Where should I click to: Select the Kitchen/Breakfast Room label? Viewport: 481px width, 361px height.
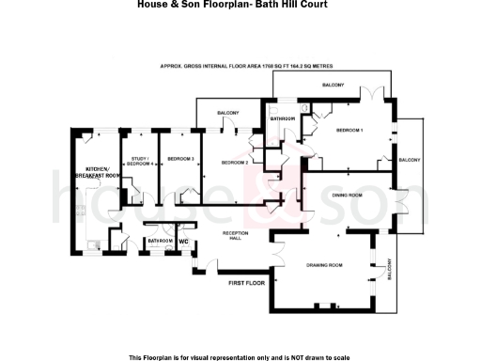coord(98,173)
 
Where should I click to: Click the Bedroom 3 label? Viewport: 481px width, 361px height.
coord(180,159)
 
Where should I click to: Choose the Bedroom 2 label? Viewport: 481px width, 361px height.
coord(234,163)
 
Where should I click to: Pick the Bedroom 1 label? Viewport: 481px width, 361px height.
coord(349,129)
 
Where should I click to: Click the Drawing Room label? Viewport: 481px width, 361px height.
coord(324,266)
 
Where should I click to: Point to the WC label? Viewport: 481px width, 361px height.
coord(184,241)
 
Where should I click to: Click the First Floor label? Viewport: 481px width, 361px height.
coord(247,282)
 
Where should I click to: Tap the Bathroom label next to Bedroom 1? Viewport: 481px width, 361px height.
coord(283,119)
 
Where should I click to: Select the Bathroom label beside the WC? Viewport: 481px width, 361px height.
coord(159,241)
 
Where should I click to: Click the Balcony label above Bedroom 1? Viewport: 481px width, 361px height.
coord(333,86)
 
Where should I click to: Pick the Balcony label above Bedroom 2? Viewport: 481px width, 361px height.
coord(228,114)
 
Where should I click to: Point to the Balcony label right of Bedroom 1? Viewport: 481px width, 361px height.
coord(410,161)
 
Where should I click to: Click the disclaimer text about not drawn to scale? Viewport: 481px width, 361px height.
coord(240,356)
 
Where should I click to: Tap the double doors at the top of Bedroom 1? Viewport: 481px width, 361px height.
coord(375,93)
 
